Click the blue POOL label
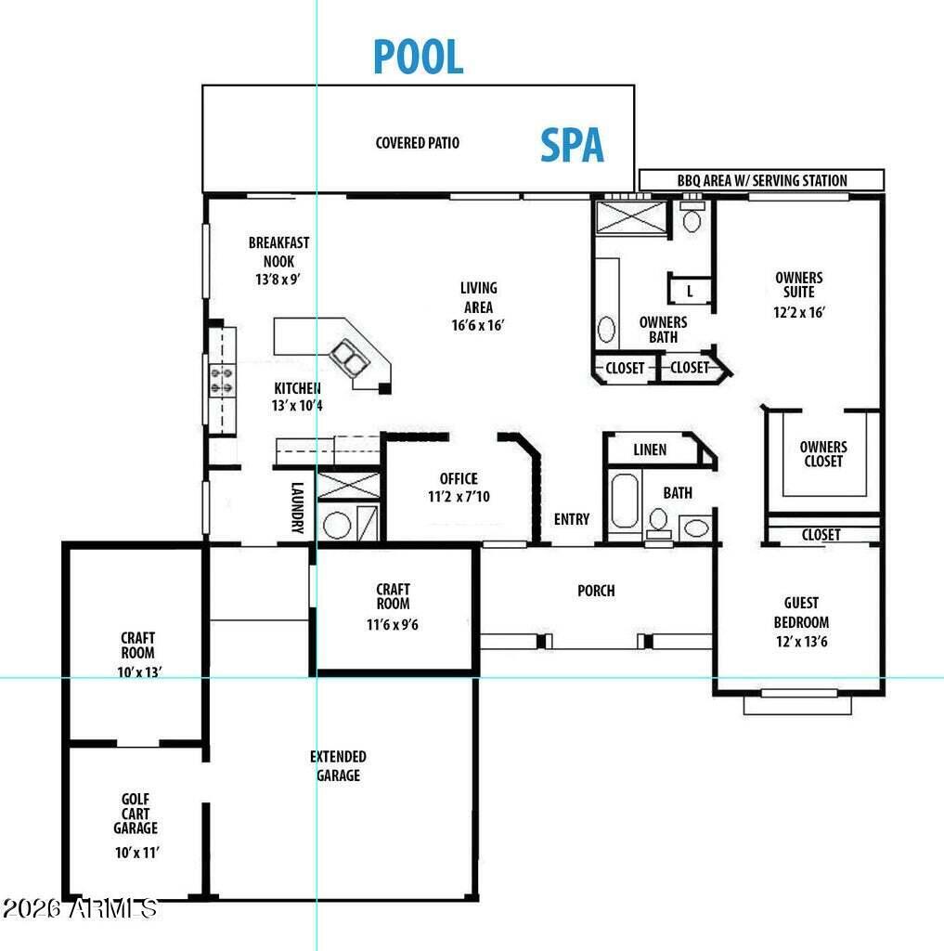pyautogui.click(x=419, y=57)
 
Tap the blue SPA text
pyautogui.click(x=572, y=146)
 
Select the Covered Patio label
pyautogui.click(x=417, y=143)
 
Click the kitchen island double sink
pyautogui.click(x=349, y=358)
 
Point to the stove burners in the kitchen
pyautogui.click(x=222, y=380)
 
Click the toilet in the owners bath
pyautogui.click(x=692, y=218)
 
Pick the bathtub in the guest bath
pyautogui.click(x=625, y=501)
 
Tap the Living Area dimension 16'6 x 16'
pyautogui.click(x=478, y=325)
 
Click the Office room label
pyautogui.click(x=459, y=478)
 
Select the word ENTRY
pyautogui.click(x=572, y=519)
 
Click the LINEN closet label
pyautogui.click(x=650, y=450)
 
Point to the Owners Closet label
pyautogui.click(x=823, y=454)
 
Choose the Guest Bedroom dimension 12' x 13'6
pyautogui.click(x=802, y=642)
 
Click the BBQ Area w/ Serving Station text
pyautogui.click(x=762, y=181)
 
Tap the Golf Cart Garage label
pyautogui.click(x=136, y=814)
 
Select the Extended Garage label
pyautogui.click(x=338, y=766)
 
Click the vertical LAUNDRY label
pyautogui.click(x=297, y=508)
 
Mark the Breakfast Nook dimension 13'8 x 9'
pyautogui.click(x=278, y=280)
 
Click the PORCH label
pyautogui.click(x=596, y=591)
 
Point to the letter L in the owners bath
pyautogui.click(x=690, y=292)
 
